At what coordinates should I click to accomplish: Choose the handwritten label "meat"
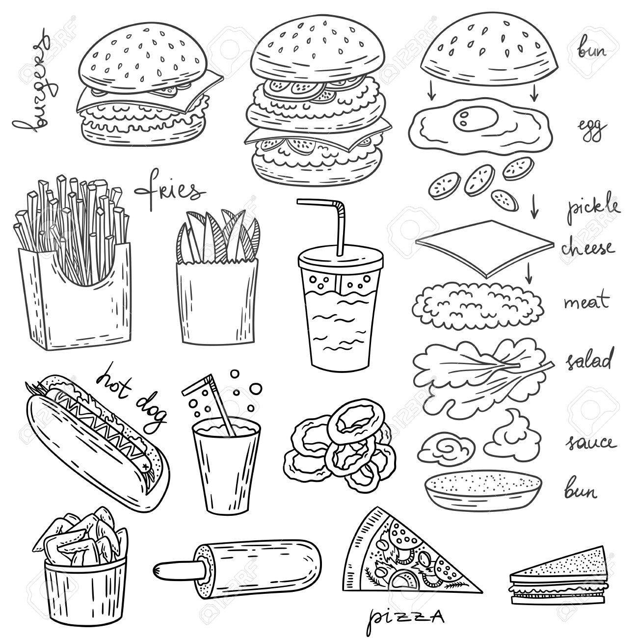click(x=586, y=301)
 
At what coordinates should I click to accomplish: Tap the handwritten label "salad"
click(x=588, y=359)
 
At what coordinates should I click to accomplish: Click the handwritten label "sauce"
click(x=591, y=442)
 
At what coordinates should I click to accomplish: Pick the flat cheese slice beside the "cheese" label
click(x=484, y=249)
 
